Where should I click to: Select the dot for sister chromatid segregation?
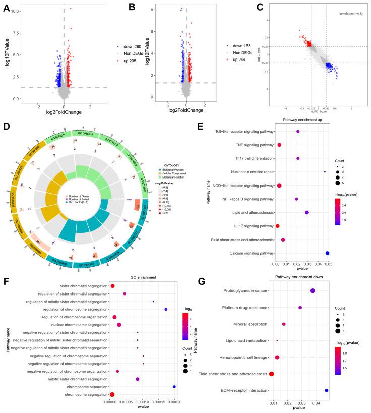click(112, 286)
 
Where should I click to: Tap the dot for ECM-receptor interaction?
click(327, 390)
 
